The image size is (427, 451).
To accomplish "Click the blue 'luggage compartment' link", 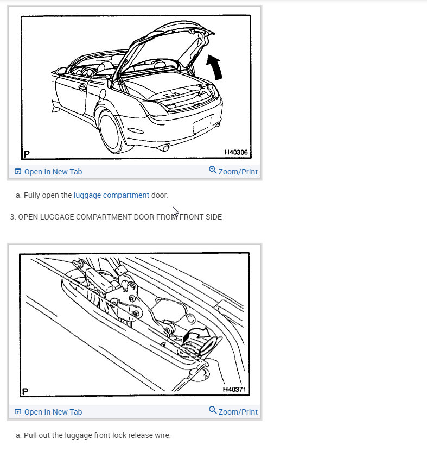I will coord(111,195).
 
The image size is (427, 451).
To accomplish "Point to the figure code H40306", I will coord(235,153).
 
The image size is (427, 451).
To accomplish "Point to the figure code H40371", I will coord(235,390).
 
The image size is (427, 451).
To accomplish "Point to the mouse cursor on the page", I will coord(175,211).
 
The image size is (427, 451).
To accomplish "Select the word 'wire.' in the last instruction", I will coord(162,435).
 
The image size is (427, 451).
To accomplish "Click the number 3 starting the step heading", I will coord(12,217).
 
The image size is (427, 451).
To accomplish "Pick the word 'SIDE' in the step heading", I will coord(212,217).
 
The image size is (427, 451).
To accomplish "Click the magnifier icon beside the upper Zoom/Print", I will coord(213,171).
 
